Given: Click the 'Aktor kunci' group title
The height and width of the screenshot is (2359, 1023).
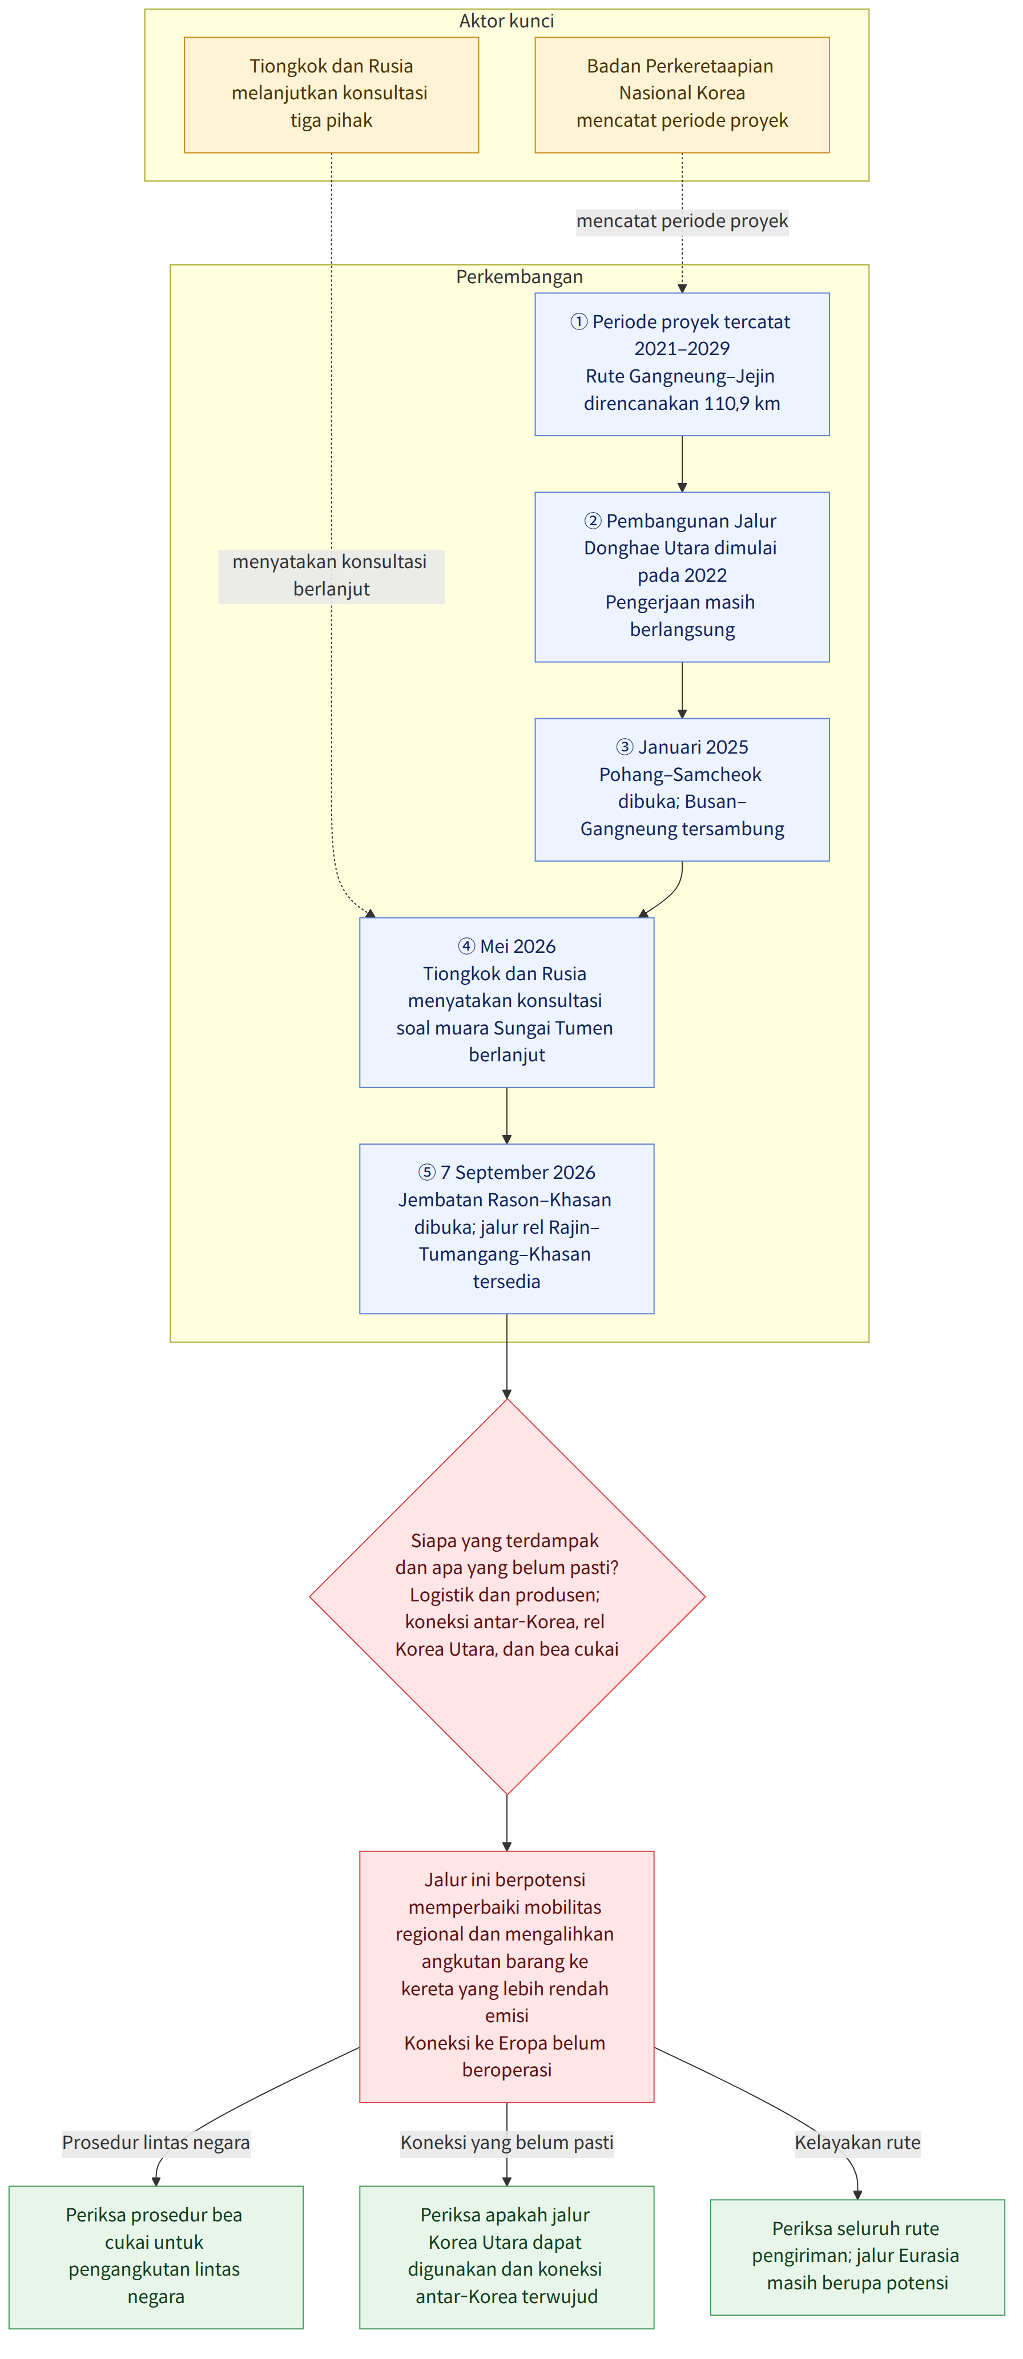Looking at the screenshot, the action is coord(506,21).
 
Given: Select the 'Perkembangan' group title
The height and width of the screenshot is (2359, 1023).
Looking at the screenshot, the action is coord(519,276).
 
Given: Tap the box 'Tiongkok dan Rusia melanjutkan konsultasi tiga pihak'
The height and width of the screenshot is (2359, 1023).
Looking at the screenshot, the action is coord(332,94).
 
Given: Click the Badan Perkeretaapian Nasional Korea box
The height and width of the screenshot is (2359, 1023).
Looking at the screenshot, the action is coord(682,94).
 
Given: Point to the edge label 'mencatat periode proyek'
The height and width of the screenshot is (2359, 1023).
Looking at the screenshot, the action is coord(682,221).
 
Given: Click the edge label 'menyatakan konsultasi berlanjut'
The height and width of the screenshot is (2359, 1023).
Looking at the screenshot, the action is coord(332,575).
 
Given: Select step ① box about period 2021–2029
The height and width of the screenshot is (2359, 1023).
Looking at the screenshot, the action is coord(682,364).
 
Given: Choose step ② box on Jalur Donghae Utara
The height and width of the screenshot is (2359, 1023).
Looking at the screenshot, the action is coord(682,577).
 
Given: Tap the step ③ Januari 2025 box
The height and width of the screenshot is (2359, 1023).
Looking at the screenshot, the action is coord(682,790).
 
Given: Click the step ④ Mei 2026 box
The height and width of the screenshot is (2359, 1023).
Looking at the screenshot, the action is coord(506,1002).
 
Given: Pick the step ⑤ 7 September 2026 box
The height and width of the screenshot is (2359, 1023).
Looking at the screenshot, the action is coord(506,1228).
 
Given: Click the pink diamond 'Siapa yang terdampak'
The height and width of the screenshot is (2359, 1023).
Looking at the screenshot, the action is coord(506,1596).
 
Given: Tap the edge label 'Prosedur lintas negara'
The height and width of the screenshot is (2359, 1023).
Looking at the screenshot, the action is coord(156,2142).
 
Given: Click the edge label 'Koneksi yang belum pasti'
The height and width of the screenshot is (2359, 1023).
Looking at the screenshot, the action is coord(506,2142).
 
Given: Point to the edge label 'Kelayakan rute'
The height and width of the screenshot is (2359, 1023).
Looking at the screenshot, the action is coord(857,2142).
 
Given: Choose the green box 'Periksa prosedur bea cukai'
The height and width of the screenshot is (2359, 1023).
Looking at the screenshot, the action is coord(156,2256).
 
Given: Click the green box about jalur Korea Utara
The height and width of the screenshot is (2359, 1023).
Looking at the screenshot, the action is coord(506,2256).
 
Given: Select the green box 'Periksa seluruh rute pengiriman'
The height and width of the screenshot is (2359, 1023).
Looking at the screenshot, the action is coord(857,2256).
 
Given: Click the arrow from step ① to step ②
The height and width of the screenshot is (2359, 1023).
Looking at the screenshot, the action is coord(682,464).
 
